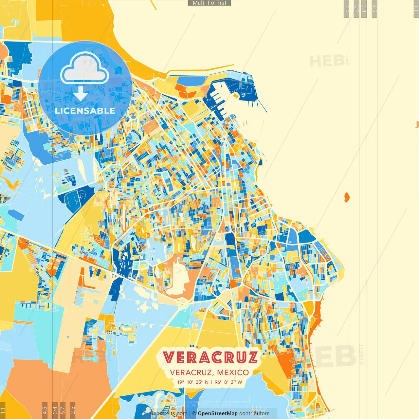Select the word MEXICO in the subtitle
click(233, 373)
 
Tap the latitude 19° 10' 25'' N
click(193, 382)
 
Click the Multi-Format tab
click(209, 3)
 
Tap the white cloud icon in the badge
click(85, 68)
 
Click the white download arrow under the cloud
click(81, 94)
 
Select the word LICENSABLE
click(85, 111)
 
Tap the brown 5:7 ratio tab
click(63, 410)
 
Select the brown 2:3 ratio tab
click(73, 410)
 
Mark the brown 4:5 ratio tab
click(45, 410)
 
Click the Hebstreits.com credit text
click(168, 413)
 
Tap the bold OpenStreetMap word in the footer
click(218, 413)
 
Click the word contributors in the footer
click(254, 413)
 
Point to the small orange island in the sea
click(347, 197)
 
